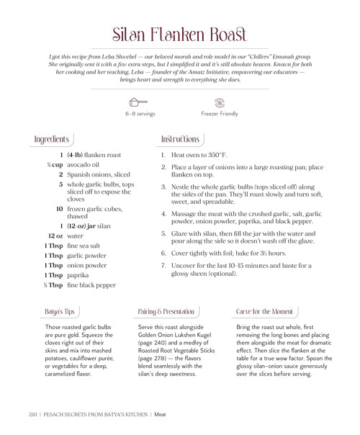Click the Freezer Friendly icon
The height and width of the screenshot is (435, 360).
[220, 102]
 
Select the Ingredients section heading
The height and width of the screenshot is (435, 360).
[52, 139]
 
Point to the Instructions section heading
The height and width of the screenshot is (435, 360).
[181, 139]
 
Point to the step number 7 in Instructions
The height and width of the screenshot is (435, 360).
[163, 265]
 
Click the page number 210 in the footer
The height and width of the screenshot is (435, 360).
[33, 415]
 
